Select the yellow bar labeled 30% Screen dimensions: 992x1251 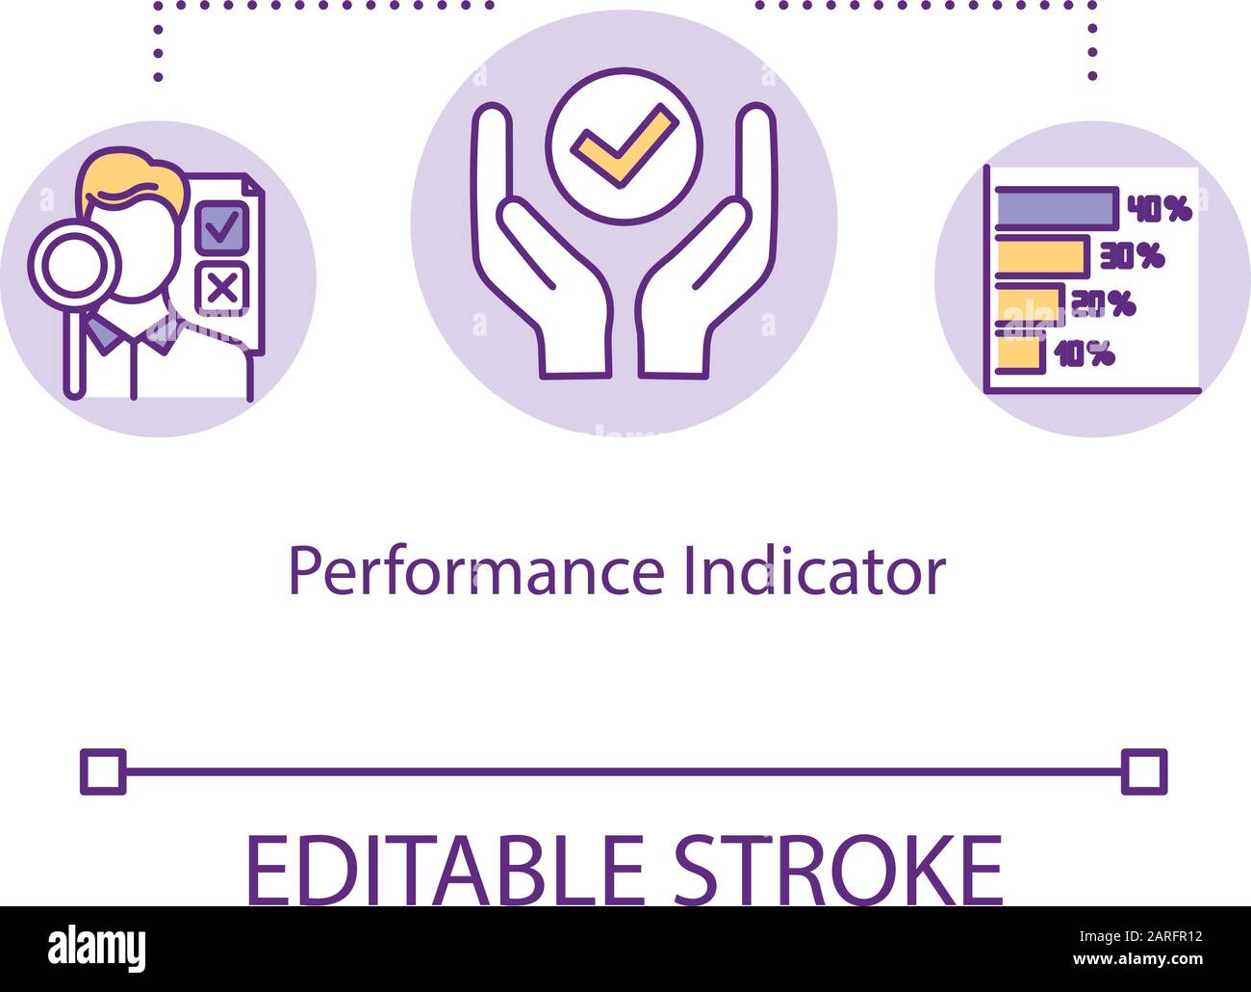click(1041, 255)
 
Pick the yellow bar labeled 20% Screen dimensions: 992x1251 click(1029, 303)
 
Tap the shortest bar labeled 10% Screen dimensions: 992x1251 click(1020, 352)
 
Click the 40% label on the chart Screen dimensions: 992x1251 click(1160, 208)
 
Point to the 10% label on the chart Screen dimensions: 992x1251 click(1085, 354)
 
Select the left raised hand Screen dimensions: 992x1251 click(535, 270)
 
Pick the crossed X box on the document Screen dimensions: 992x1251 click(222, 287)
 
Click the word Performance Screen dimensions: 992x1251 click(476, 572)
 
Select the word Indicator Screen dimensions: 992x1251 click(814, 572)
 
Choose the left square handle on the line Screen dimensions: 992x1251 click(103, 771)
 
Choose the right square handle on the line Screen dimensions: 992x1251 click(1144, 771)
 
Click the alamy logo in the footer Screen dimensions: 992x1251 click(97, 948)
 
